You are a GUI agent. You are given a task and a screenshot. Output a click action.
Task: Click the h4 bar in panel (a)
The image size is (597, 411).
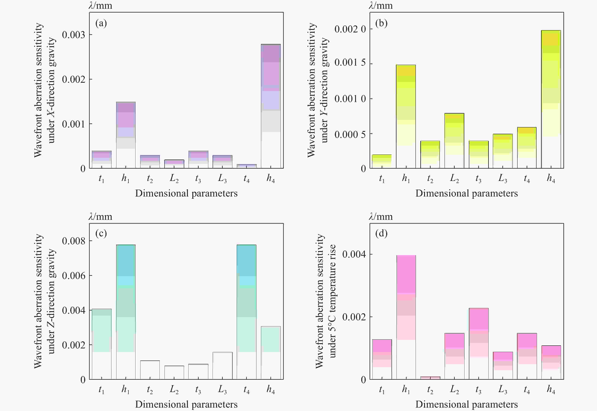click(x=271, y=106)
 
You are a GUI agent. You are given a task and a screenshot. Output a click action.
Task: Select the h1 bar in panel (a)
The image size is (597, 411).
click(x=126, y=135)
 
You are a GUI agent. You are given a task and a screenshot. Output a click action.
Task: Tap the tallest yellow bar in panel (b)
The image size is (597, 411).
click(x=551, y=99)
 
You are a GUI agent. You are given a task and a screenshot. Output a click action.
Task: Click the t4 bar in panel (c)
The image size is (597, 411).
click(x=247, y=312)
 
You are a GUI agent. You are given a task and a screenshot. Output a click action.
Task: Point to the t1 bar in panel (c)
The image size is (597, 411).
click(x=102, y=344)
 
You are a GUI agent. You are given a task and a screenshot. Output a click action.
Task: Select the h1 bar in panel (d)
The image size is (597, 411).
click(x=406, y=317)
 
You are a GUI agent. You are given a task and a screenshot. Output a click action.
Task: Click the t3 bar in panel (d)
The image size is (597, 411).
click(x=479, y=344)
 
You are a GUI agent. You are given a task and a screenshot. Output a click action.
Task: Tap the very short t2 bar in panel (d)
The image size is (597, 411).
click(x=430, y=378)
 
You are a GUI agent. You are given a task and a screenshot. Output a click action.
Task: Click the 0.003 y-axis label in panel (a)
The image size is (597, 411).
click(x=74, y=35)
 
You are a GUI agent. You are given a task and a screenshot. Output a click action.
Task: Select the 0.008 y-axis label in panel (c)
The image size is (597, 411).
click(x=74, y=241)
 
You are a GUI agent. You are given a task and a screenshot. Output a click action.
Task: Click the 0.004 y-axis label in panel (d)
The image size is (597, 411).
click(x=354, y=254)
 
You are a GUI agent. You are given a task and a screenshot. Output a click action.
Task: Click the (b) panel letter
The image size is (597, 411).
click(x=381, y=24)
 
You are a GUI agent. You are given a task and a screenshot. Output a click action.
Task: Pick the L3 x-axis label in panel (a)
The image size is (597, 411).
click(x=222, y=178)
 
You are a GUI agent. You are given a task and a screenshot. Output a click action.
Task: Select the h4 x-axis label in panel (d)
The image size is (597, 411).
click(x=551, y=389)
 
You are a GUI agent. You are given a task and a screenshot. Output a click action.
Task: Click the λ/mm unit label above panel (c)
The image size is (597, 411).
click(x=100, y=217)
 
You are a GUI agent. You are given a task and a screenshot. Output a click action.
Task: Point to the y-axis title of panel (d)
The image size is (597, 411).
click(x=326, y=301)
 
